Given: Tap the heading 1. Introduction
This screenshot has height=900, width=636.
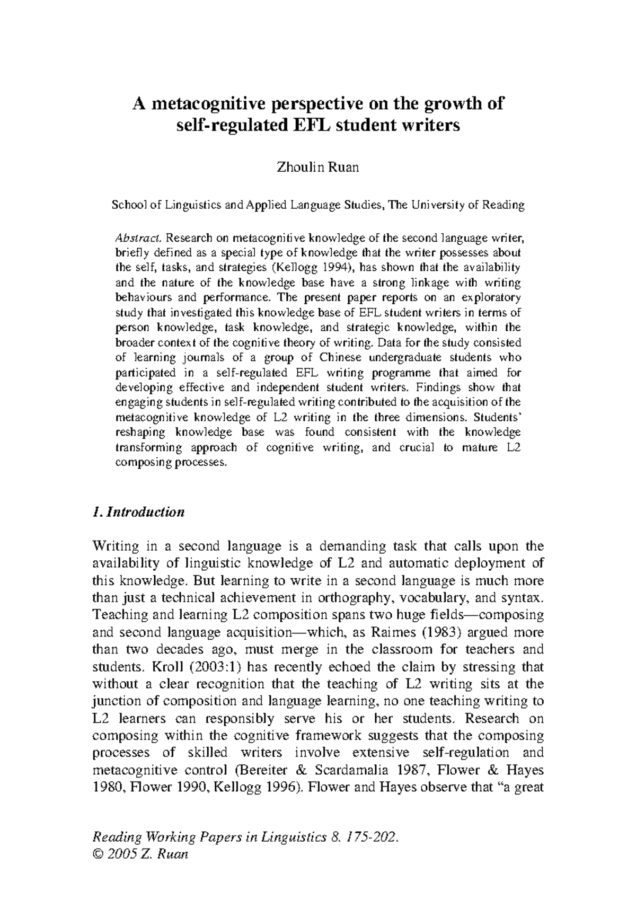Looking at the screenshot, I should click(138, 512).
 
